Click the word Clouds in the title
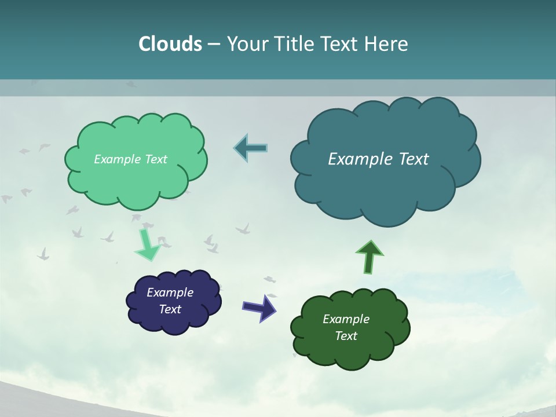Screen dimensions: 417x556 click(x=170, y=44)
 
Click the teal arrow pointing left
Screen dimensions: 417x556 click(x=251, y=148)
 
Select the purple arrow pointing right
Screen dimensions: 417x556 click(x=259, y=307)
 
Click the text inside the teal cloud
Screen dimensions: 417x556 click(x=378, y=159)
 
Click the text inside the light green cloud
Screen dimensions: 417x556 click(x=130, y=159)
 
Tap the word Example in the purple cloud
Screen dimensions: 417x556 click(x=170, y=292)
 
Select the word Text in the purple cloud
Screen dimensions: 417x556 click(x=170, y=309)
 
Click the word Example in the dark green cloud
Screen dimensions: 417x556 click(x=346, y=319)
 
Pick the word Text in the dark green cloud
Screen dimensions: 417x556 click(x=346, y=336)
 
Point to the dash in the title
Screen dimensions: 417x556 click(x=214, y=44)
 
